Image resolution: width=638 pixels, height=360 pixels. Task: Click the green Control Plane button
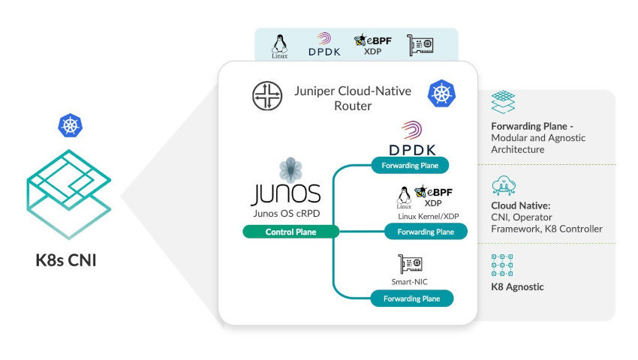coord(290,232)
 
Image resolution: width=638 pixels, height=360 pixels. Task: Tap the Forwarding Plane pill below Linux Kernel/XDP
coord(425,232)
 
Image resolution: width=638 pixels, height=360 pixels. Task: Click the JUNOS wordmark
coord(285,192)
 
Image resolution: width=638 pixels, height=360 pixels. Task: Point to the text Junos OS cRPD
coord(285,212)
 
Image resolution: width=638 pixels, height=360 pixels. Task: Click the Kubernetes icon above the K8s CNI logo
coord(70,125)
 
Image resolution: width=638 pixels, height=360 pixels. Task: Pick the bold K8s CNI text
coord(69,262)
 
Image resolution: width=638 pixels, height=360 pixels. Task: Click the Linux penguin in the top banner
coord(280,45)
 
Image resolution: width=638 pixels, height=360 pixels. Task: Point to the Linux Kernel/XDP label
coord(427,216)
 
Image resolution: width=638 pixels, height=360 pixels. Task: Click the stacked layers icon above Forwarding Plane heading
coord(502,103)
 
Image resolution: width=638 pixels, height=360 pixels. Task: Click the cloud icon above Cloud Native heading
coord(501,185)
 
